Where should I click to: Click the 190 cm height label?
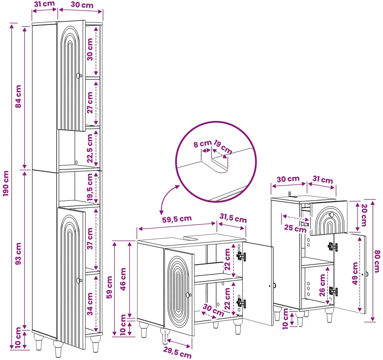[x=6, y=183]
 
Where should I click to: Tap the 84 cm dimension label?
[x=18, y=96]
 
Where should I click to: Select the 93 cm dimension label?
[x=18, y=253]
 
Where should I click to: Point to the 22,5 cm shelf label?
[x=90, y=148]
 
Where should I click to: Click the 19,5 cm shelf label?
[x=90, y=187]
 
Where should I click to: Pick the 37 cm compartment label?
[x=90, y=239]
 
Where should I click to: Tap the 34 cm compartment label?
[x=90, y=304]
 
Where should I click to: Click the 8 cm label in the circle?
[x=202, y=144]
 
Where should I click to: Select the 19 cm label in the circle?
[x=223, y=147]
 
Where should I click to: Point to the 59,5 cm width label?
[x=177, y=219]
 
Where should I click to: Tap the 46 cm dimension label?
[x=123, y=279]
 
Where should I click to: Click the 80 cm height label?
[x=377, y=261]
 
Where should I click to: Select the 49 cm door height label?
[x=355, y=273]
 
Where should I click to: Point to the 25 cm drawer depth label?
[x=295, y=228]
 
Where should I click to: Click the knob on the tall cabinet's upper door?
[x=79, y=76]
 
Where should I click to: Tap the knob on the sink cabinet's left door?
[x=188, y=295]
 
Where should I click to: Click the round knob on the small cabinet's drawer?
[x=332, y=214]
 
